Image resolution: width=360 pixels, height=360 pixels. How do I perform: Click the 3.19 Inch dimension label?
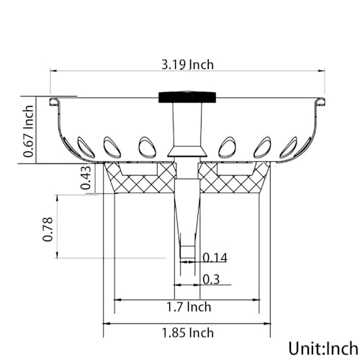point(187,65)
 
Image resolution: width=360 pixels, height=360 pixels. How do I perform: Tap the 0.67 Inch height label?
point(29,131)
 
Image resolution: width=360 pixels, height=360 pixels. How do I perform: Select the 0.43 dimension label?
point(86,178)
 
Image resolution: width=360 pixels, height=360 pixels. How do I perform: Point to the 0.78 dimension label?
point(48,229)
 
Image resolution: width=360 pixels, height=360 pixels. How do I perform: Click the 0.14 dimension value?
point(215,258)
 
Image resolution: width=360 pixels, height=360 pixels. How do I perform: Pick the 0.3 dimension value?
point(211,279)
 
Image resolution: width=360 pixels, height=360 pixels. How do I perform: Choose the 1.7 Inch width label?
point(189,307)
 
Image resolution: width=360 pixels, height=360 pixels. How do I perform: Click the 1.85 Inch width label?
point(188,333)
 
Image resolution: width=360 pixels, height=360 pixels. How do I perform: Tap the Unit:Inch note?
point(323,348)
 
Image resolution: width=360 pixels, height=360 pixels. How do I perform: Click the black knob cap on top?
point(187,97)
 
